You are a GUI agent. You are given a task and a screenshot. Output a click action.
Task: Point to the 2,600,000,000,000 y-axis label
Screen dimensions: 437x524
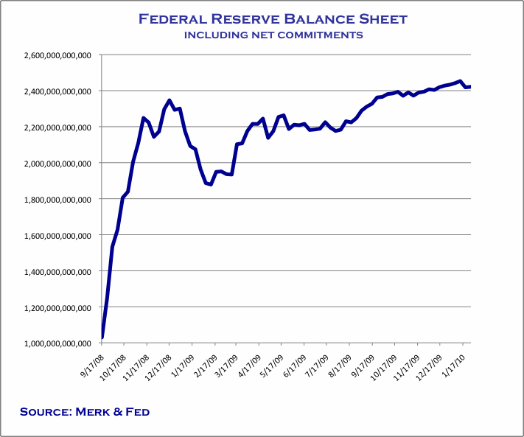point(57,55)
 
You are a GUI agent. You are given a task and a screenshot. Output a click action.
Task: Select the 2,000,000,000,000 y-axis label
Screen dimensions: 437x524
point(57,163)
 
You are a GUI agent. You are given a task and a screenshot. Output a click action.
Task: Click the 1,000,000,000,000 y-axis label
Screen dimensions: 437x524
point(57,343)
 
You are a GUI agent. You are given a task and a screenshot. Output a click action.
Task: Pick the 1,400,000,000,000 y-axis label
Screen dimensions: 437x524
point(57,271)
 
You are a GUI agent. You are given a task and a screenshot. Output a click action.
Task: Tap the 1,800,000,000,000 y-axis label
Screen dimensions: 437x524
point(57,199)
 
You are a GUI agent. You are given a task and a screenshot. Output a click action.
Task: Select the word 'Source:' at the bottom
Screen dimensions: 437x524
point(46,411)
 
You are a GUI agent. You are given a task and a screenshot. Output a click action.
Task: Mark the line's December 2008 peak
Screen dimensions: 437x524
point(170,100)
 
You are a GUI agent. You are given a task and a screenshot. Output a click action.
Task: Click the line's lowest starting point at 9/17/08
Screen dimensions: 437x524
point(102,338)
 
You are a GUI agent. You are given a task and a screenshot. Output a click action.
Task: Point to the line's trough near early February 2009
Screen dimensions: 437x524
point(210,184)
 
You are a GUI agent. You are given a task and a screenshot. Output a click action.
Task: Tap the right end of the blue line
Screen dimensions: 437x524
point(470,87)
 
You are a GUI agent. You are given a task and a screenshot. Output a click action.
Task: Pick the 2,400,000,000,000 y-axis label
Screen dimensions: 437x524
point(57,91)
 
